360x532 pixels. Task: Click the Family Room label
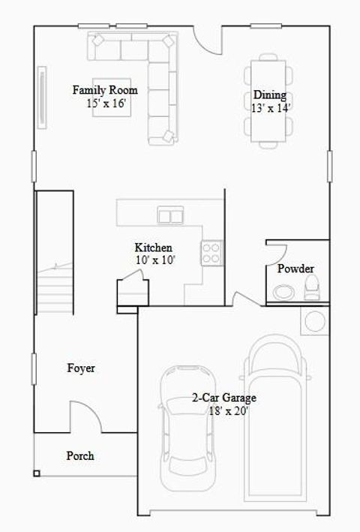coord(104,90)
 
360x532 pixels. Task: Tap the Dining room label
coord(270,95)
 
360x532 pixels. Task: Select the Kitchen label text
coord(154,248)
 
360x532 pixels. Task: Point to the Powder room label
coord(295,269)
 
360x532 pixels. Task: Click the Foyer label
coord(81,368)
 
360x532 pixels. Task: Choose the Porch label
coord(80,455)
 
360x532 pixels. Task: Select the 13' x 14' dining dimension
coord(271,107)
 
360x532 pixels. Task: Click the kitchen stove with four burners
coord(211,252)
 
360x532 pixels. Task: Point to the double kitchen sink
coord(170,216)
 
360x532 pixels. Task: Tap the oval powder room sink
coord(284,291)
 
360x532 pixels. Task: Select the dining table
coord(268,100)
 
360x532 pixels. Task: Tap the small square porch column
coord(37,473)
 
